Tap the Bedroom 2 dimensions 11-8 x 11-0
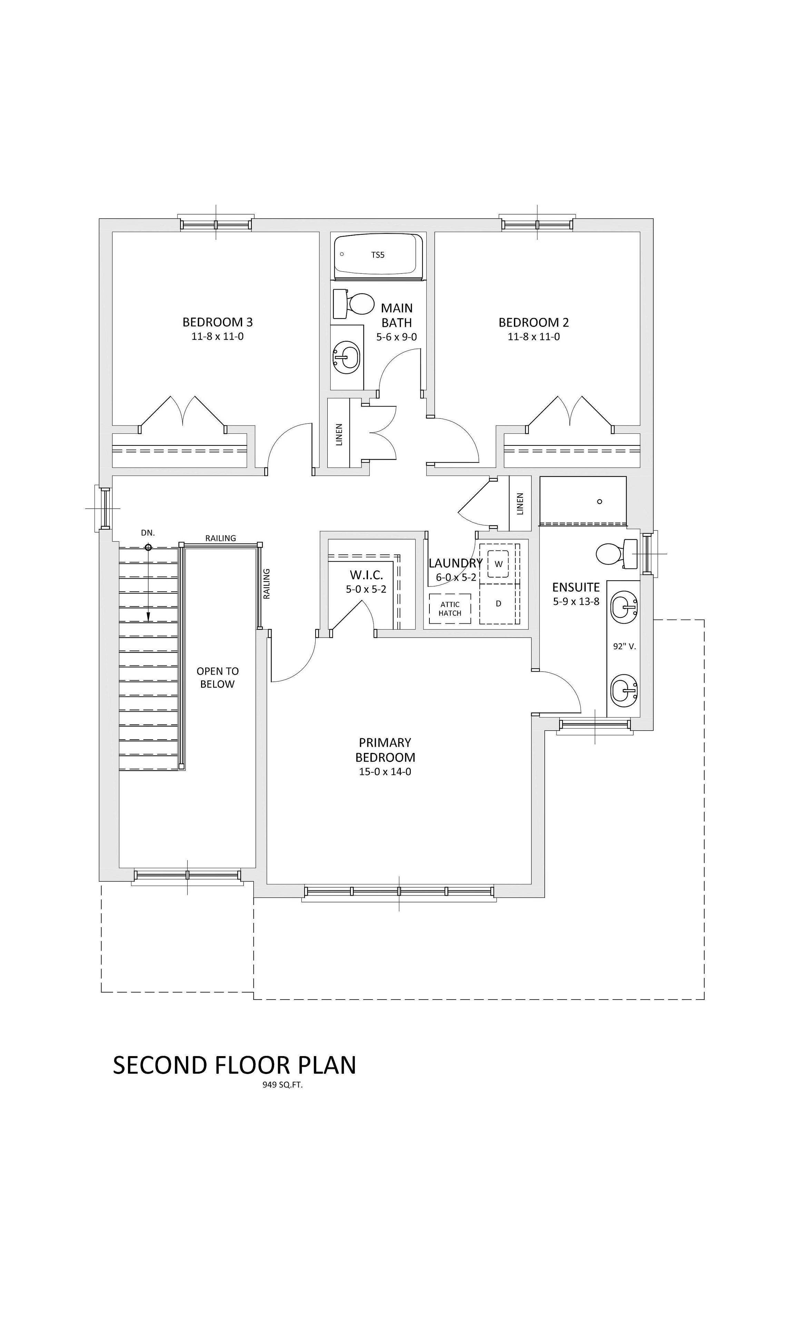click(x=533, y=337)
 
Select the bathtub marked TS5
click(x=378, y=255)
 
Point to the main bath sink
click(x=347, y=356)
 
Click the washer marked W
click(x=498, y=564)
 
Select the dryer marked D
click(x=498, y=603)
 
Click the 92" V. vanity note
click(x=624, y=646)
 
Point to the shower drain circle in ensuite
click(x=599, y=501)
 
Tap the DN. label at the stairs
click(x=148, y=532)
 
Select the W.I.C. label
click(x=366, y=575)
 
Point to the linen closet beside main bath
click(x=339, y=433)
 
